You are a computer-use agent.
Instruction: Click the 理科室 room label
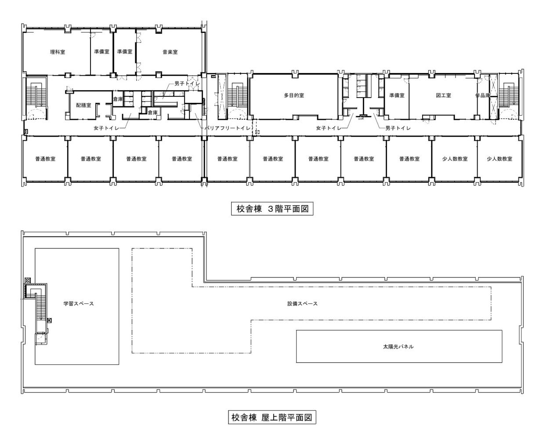58,52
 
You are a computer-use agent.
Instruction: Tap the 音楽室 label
170,52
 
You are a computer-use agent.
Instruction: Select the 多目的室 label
294,95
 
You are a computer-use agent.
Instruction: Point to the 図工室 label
443,95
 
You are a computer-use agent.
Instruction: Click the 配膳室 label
83,105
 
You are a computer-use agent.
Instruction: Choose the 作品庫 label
483,95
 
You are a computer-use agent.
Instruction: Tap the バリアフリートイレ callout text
228,128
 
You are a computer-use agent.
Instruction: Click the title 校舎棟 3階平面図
272,209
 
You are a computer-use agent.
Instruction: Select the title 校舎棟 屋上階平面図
272,417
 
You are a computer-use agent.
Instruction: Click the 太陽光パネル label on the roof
398,347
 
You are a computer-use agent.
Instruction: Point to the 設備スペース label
302,304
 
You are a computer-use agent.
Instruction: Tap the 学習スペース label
79,304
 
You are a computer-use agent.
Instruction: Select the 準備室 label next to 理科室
101,51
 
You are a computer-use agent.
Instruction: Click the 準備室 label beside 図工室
397,95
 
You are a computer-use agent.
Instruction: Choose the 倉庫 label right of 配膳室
118,99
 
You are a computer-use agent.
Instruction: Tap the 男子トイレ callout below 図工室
398,128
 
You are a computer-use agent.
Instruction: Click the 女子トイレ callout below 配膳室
106,128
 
